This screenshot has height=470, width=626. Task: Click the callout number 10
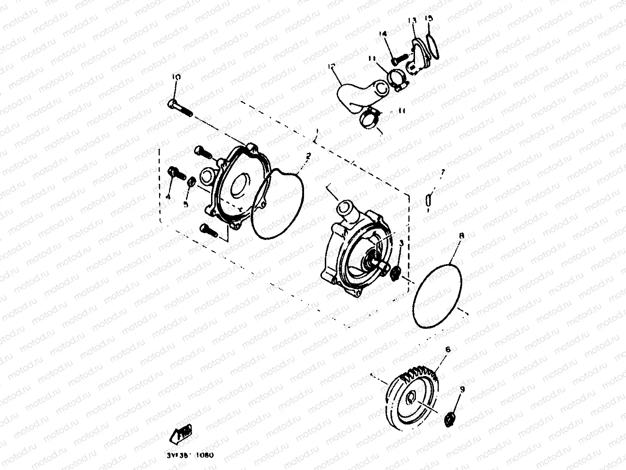coord(176,77)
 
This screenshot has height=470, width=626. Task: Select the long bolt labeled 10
coord(179,107)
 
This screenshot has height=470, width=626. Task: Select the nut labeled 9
coord(451,418)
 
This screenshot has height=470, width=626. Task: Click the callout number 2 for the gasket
coord(308,155)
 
